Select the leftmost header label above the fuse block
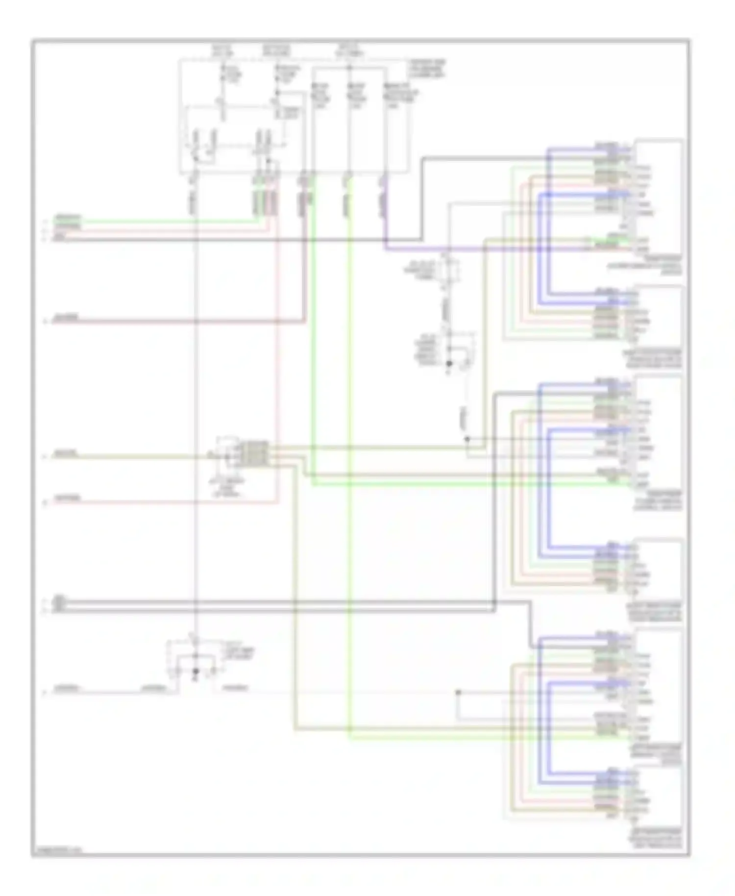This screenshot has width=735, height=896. [223, 50]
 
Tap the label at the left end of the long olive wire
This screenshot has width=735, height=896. [65, 454]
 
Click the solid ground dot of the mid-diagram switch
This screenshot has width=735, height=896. [448, 363]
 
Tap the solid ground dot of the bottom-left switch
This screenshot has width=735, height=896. [196, 671]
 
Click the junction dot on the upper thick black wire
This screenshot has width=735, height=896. [494, 602]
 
